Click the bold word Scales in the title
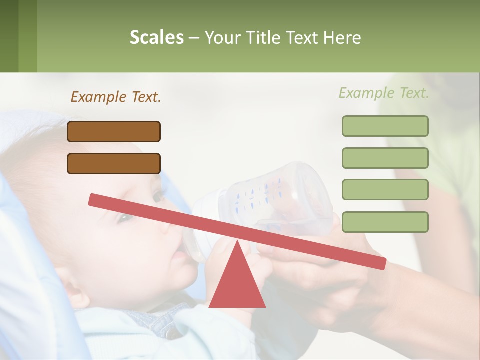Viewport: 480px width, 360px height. (x=156, y=38)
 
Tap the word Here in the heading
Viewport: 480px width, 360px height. (x=343, y=38)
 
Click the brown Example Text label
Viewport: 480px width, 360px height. (x=116, y=97)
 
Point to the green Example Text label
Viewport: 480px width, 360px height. (x=384, y=93)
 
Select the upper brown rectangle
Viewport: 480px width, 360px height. (x=114, y=131)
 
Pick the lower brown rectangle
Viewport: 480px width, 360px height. (x=114, y=163)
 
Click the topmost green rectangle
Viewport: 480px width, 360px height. (x=385, y=126)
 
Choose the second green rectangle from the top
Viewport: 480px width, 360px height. (x=385, y=158)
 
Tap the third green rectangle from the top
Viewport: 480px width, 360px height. (x=385, y=190)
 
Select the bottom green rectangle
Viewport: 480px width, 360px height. (x=385, y=222)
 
